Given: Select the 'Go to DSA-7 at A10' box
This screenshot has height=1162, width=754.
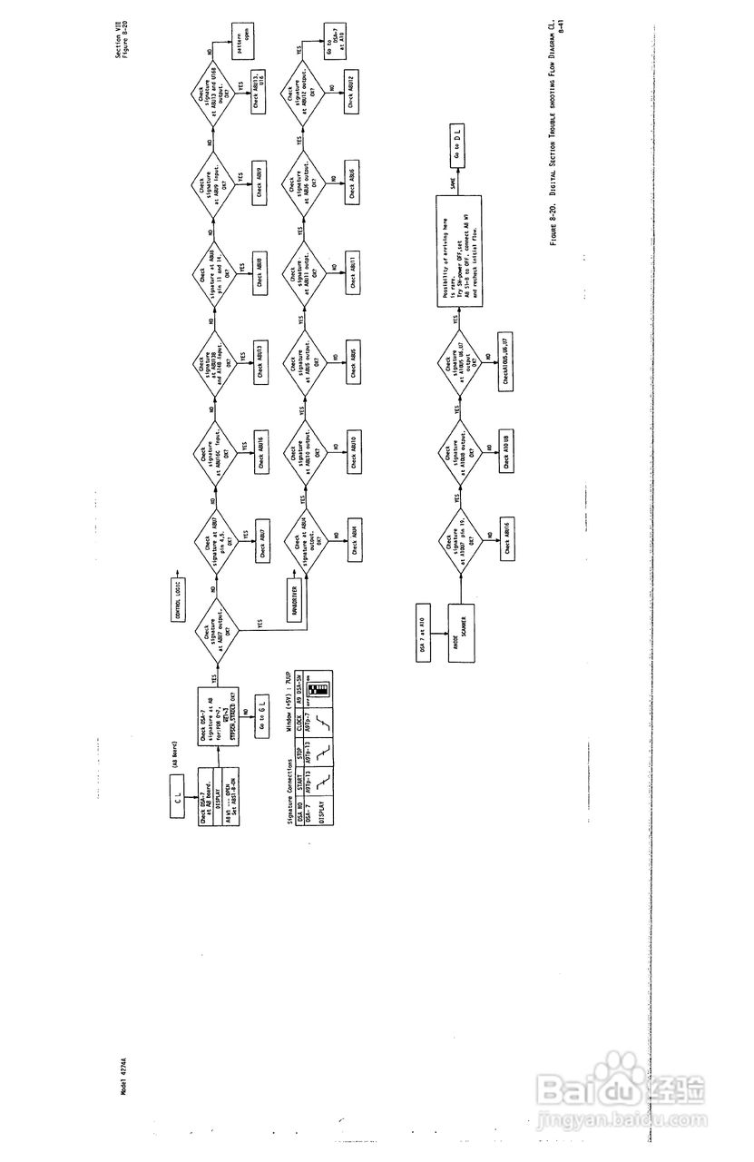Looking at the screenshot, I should (333, 44).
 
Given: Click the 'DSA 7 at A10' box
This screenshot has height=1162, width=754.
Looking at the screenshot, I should (422, 624).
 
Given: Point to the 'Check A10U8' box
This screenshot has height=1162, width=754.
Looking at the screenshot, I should (505, 447).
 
